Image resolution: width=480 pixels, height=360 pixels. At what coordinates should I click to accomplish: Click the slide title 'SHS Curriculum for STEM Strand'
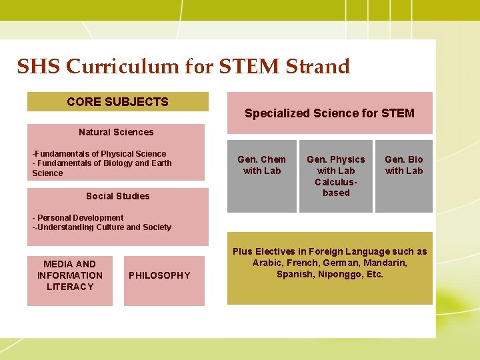tap(183, 67)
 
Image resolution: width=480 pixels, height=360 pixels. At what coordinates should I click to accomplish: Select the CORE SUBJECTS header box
tap(117, 102)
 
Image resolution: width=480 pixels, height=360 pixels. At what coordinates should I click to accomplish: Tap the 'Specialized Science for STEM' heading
tap(329, 113)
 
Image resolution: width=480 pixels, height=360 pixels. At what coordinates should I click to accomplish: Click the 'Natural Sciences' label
tap(116, 132)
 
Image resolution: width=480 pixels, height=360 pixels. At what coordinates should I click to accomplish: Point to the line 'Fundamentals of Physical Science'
tap(101, 153)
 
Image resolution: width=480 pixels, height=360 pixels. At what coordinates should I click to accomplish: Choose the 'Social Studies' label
tap(118, 196)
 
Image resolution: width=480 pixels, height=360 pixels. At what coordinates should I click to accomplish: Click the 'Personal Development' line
tap(80, 217)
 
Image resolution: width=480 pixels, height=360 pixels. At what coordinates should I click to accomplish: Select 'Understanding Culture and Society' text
tap(104, 227)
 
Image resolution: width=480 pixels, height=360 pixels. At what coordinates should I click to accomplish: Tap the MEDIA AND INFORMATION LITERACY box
tap(70, 275)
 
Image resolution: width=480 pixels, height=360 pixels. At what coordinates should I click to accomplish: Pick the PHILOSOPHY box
tap(159, 275)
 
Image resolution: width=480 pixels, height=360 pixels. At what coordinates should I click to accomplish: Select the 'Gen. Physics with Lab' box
tap(336, 176)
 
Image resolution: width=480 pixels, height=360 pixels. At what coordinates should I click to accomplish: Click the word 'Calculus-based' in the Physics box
tap(336, 187)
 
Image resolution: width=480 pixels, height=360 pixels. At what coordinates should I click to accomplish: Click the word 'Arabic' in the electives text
tap(267, 263)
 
